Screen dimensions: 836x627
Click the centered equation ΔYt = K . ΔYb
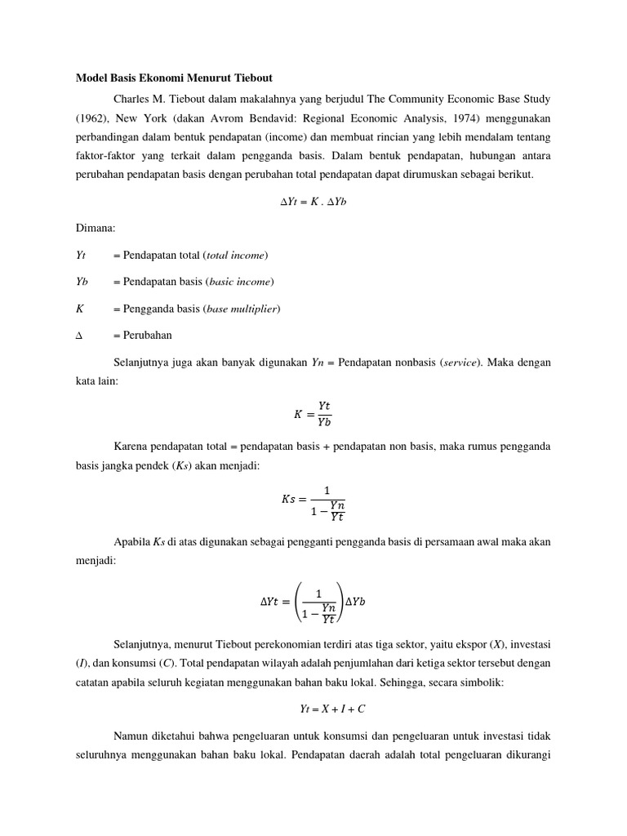coord(313,202)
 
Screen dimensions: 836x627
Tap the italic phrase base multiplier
coord(243,309)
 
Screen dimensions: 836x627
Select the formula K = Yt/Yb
coord(313,414)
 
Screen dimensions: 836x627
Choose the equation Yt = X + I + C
coord(313,709)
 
